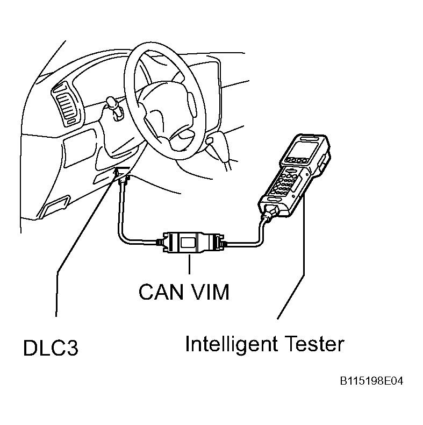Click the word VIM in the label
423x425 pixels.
pyautogui.click(x=210, y=292)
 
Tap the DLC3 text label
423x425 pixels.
pyautogui.click(x=51, y=348)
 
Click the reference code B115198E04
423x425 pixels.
pyautogui.click(x=371, y=381)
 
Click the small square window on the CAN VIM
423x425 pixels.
pyautogui.click(x=188, y=242)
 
